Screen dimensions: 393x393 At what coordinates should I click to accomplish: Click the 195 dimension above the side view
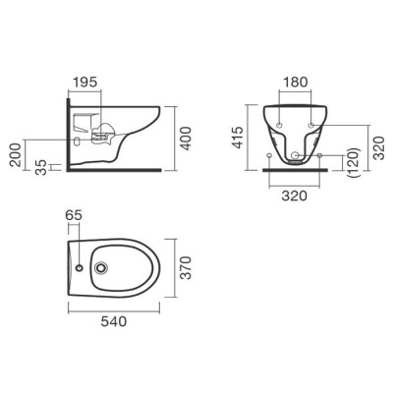(84, 82)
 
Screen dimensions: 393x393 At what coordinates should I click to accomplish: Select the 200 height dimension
(17, 155)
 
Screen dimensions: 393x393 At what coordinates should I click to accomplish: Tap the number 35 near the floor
(41, 167)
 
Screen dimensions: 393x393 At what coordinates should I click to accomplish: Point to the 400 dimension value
(186, 139)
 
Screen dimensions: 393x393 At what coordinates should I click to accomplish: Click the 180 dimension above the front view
(295, 82)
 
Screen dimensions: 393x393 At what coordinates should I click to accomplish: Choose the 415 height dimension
(238, 138)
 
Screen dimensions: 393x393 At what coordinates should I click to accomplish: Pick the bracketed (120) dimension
(355, 163)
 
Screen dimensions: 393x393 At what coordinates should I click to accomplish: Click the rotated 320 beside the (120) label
(379, 148)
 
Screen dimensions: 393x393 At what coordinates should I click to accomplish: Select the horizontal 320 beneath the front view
(295, 196)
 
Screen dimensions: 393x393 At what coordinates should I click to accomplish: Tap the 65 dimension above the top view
(74, 215)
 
